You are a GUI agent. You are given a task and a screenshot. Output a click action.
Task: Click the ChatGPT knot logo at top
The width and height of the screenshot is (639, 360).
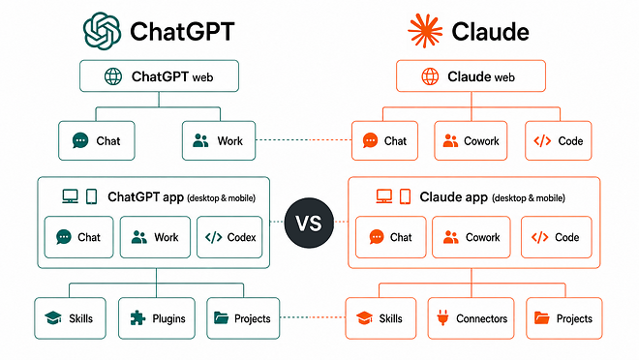click(x=102, y=31)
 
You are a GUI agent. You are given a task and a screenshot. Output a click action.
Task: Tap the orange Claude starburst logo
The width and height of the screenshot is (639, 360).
click(x=425, y=31)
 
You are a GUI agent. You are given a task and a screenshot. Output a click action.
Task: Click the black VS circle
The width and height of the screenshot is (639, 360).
click(x=309, y=223)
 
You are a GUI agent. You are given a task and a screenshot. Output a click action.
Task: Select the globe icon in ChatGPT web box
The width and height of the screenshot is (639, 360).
click(x=113, y=76)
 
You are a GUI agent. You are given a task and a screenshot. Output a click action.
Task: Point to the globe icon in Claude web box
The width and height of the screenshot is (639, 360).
click(x=430, y=76)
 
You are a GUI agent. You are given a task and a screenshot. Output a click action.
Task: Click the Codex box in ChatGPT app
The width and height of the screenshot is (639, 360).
click(x=229, y=237)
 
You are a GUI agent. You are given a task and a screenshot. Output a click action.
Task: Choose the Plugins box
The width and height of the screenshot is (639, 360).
click(x=157, y=318)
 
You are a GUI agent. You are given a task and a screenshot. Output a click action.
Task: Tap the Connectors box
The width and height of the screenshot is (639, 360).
click(x=471, y=318)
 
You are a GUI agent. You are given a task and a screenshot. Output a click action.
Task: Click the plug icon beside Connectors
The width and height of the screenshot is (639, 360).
click(x=442, y=317)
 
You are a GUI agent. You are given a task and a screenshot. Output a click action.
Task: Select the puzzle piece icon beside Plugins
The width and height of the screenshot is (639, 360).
click(x=137, y=317)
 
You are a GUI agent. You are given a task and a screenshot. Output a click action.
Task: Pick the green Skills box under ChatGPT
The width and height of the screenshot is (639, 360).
click(x=70, y=318)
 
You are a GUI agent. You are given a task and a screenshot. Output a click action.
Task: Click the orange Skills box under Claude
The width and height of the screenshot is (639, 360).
click(x=380, y=318)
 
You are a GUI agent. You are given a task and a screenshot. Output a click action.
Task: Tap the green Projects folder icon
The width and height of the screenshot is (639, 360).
click(x=222, y=317)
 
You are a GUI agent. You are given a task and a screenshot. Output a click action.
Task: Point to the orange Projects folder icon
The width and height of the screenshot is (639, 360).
click(x=541, y=317)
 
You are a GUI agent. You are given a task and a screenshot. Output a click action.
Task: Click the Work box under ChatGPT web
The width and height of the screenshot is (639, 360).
click(x=219, y=140)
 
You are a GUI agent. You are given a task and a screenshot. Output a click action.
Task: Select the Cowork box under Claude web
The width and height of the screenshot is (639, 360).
click(x=471, y=140)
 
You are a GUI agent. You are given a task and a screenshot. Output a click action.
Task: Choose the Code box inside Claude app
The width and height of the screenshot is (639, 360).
click(x=557, y=237)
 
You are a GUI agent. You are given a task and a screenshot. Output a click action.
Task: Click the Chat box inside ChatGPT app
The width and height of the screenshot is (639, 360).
click(x=78, y=237)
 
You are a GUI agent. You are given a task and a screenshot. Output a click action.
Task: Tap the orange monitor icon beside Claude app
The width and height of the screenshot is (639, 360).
click(x=384, y=196)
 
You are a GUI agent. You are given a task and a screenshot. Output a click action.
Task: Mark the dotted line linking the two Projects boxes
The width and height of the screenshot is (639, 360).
click(x=313, y=317)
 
